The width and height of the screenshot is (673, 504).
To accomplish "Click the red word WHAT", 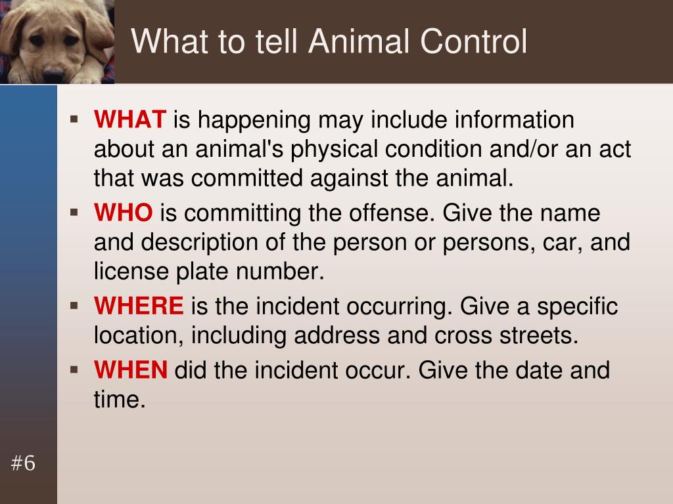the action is [130, 119].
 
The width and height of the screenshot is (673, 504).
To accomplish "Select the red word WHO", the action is [123, 213].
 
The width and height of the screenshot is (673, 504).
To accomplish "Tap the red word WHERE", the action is [139, 306].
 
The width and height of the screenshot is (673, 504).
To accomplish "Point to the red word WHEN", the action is [131, 370].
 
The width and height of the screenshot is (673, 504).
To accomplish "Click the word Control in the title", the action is [473, 41].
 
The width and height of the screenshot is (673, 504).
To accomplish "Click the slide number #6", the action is [23, 463].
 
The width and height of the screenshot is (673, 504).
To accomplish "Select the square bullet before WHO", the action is [74, 212].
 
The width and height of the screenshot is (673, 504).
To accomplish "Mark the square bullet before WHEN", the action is [74, 369].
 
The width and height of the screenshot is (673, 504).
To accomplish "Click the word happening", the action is [254, 121].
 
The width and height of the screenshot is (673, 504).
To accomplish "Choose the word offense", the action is [389, 213].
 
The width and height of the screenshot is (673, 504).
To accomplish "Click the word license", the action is [131, 271].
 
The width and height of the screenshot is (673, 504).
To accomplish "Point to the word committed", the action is [247, 177].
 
